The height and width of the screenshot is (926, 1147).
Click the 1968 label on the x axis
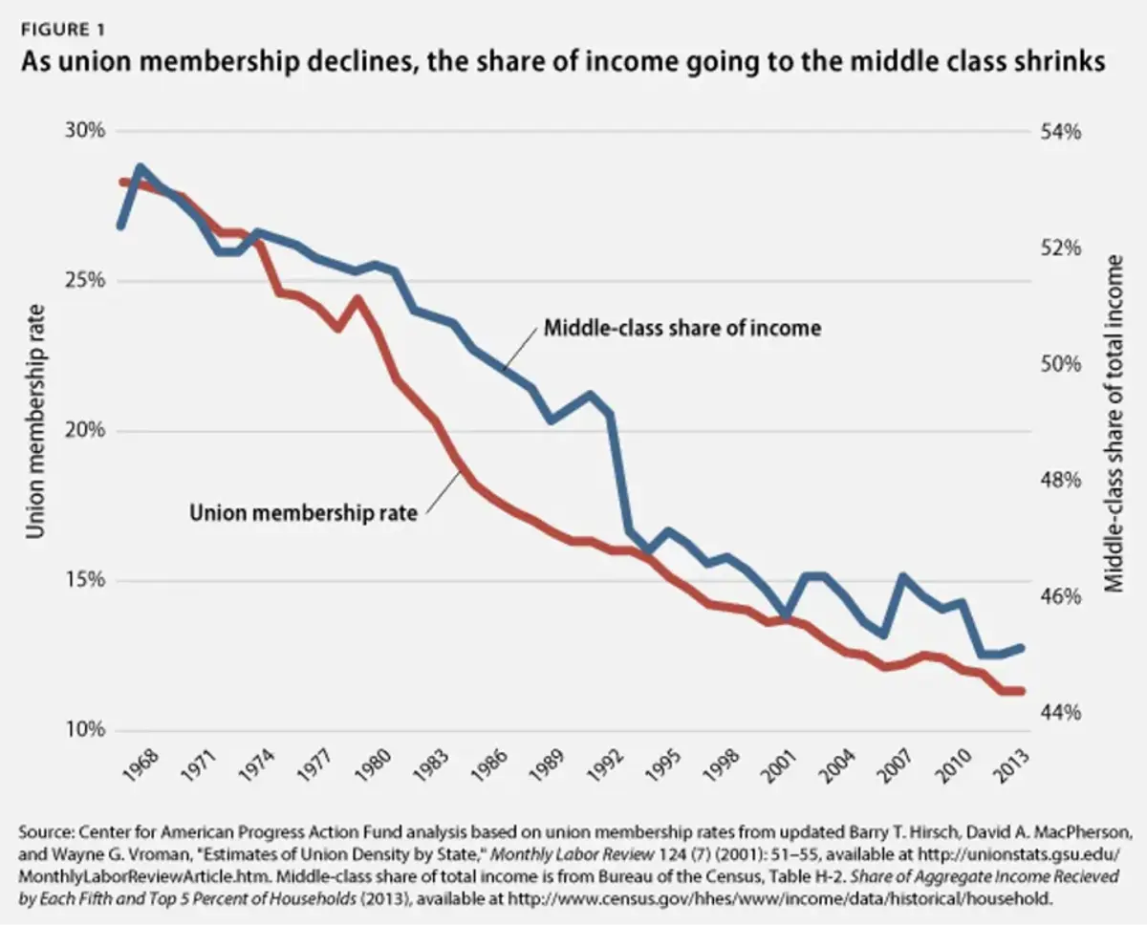coord(141,768)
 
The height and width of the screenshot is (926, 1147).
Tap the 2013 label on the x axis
coord(1009,768)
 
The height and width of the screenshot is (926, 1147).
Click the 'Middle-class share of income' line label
coord(682,328)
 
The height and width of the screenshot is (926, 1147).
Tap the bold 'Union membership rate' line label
coord(303,513)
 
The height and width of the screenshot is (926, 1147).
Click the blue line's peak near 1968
coord(141,169)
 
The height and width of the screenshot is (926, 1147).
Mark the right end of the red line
coord(1022,690)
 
